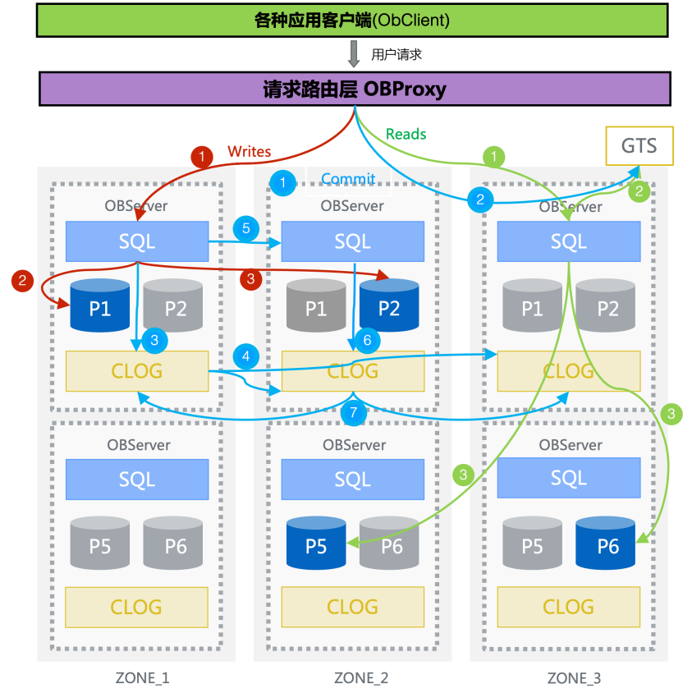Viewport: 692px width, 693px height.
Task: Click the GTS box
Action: click(x=639, y=146)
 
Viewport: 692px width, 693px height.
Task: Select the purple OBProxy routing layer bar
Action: click(x=355, y=89)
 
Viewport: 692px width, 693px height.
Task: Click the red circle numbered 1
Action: click(x=202, y=155)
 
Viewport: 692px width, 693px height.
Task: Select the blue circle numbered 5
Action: click(x=245, y=227)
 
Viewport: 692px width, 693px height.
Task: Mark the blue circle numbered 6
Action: click(x=367, y=339)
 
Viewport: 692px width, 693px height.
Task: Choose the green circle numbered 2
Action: click(x=639, y=190)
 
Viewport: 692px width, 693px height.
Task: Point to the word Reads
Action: click(x=406, y=133)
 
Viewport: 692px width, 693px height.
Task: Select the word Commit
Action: click(x=348, y=178)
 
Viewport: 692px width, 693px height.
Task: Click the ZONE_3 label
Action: click(x=574, y=678)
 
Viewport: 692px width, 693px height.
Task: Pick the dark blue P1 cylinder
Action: click(x=99, y=305)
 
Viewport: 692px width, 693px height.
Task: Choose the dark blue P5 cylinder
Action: click(x=316, y=543)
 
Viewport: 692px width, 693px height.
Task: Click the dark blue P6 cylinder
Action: click(x=607, y=543)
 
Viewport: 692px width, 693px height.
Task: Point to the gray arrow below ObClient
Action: click(x=354, y=54)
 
